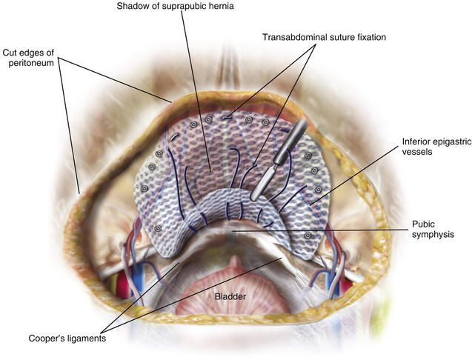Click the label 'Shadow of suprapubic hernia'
point(175,7)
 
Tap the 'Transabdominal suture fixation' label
point(324,37)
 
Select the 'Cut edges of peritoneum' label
point(29,58)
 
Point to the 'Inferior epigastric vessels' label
point(436,146)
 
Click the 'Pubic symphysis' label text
point(433,229)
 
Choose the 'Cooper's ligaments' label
point(67,339)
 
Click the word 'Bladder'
point(230,297)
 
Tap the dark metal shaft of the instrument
point(291,141)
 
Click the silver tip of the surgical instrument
point(262,183)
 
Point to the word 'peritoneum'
point(31,63)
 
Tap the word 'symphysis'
point(433,234)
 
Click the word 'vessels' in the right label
point(417,152)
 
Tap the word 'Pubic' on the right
point(423,224)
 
